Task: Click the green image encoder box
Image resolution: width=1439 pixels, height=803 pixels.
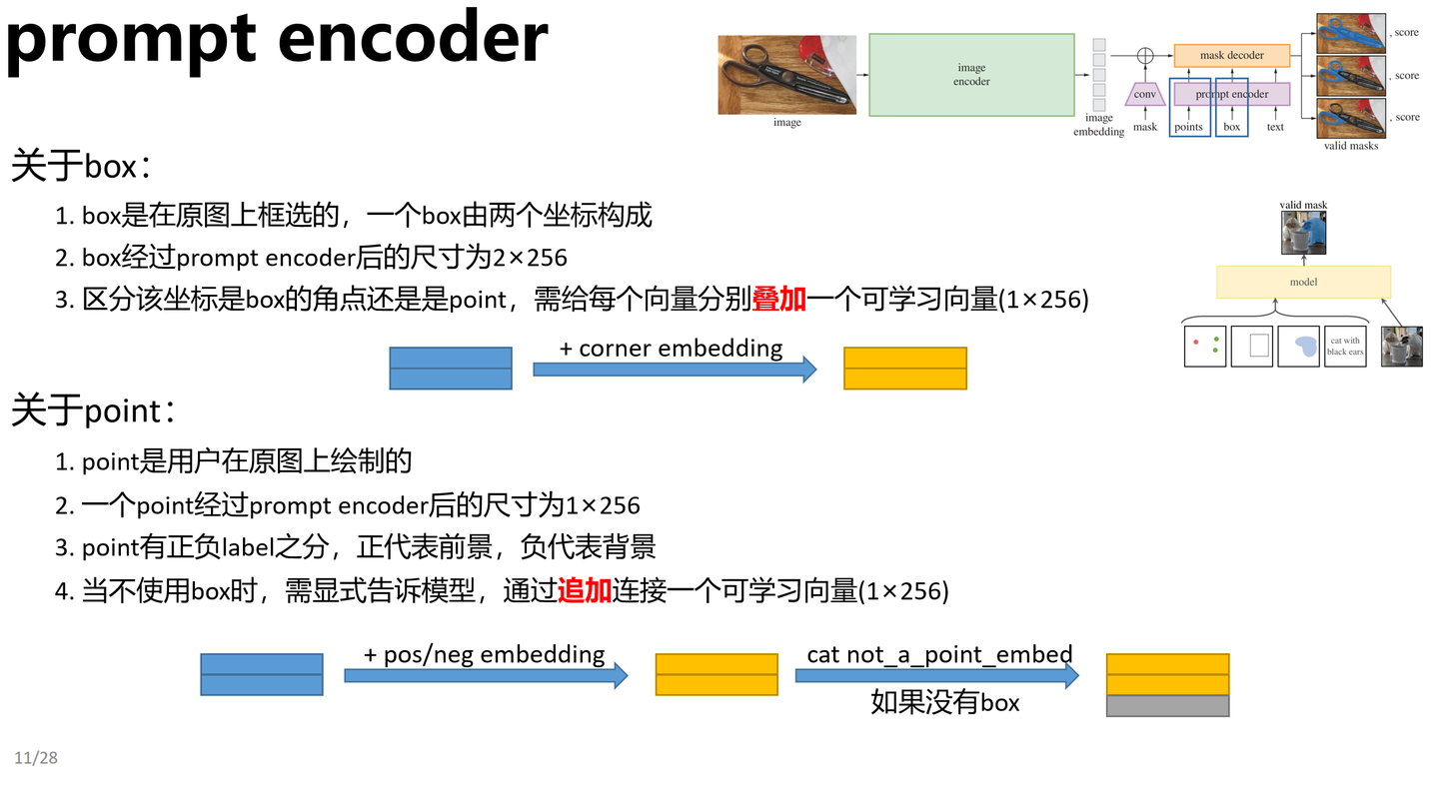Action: coord(971,75)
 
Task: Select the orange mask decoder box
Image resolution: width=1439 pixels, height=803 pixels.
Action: coord(1231,56)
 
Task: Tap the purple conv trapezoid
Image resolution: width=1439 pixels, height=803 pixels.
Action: coord(1145,94)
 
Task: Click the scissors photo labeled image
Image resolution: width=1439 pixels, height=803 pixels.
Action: coord(787,75)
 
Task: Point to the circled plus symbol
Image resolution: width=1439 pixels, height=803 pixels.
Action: coord(1145,56)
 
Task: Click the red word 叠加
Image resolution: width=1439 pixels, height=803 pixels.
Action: coord(779,299)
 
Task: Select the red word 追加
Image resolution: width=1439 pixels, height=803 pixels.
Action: coord(585,590)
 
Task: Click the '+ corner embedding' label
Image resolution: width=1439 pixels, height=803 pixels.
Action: coord(671,348)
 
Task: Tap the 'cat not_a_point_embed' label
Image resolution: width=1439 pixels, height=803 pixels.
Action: coord(939,654)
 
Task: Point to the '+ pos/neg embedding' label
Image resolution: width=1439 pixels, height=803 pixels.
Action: coord(485,654)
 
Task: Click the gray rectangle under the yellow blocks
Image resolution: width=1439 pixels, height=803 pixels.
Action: coord(1167,706)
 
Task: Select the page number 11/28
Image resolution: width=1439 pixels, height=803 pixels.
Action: coord(36,758)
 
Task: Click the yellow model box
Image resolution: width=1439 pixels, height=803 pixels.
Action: coord(1303,282)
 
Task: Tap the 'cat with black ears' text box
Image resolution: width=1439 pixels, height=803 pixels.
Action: coord(1345,347)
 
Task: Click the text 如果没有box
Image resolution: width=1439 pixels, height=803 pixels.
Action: coord(944,702)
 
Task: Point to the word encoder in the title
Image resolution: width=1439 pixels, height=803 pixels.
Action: coord(413,38)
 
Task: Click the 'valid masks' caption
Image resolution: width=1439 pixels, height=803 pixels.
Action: coord(1350,146)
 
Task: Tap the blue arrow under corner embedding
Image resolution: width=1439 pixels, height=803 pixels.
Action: coord(675,370)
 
